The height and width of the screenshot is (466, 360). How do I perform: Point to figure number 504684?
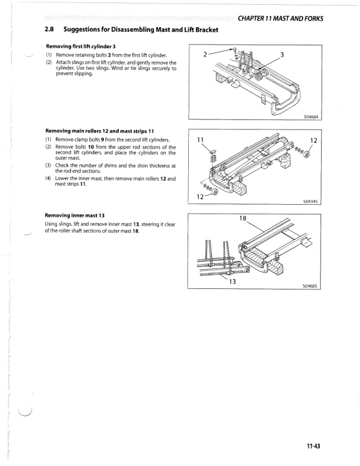point(311,116)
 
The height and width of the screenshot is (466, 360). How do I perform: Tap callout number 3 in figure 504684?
point(282,55)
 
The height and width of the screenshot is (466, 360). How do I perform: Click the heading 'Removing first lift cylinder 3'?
point(84,46)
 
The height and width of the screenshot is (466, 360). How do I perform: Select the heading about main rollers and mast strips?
point(99,131)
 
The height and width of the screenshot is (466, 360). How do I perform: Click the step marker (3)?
point(48,165)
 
